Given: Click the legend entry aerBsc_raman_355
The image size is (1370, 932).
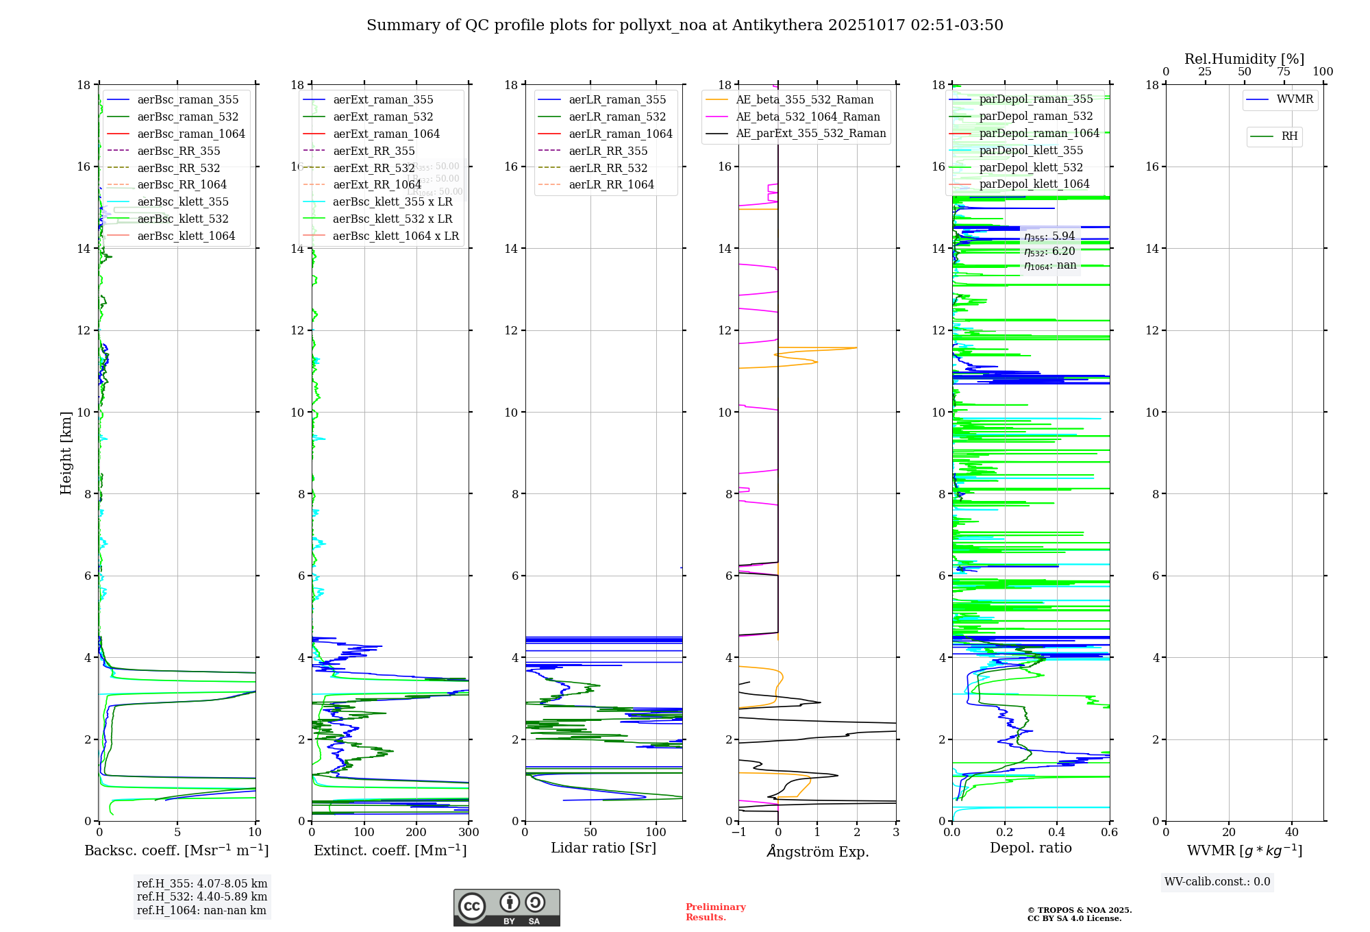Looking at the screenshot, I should [x=188, y=100].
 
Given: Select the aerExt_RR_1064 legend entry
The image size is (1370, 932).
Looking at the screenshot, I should [x=377, y=185].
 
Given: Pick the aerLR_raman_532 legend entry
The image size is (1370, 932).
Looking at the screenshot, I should [x=617, y=117].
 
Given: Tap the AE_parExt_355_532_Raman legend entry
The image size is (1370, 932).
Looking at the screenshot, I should [x=810, y=134].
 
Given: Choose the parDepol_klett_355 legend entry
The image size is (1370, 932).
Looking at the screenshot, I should [x=1031, y=151].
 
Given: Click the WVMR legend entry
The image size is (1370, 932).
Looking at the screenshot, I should [x=1295, y=100].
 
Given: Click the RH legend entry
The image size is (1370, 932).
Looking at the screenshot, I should [x=1289, y=137].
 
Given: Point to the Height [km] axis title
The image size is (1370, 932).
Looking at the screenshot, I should [x=66, y=453].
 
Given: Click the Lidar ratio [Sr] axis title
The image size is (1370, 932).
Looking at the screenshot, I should [x=603, y=848].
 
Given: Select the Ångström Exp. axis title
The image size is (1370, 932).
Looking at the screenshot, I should [x=817, y=852].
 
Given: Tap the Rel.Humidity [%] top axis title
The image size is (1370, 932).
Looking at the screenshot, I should [x=1244, y=59].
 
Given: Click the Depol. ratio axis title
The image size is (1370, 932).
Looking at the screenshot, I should [x=1030, y=848].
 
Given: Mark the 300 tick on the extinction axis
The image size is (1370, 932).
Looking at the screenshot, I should [x=469, y=833].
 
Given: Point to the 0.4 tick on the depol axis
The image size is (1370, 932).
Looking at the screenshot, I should [x=1057, y=833].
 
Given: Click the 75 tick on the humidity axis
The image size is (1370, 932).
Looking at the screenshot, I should [x=1284, y=72].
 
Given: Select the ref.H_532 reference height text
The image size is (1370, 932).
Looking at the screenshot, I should [x=201, y=897].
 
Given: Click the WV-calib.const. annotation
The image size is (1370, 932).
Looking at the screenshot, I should [x=1217, y=882].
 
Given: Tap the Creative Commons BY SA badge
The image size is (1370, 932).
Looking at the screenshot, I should [x=506, y=908].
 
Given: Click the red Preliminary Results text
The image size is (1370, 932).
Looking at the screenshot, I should [x=715, y=912].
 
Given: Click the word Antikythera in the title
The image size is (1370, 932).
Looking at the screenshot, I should [x=777, y=25].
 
